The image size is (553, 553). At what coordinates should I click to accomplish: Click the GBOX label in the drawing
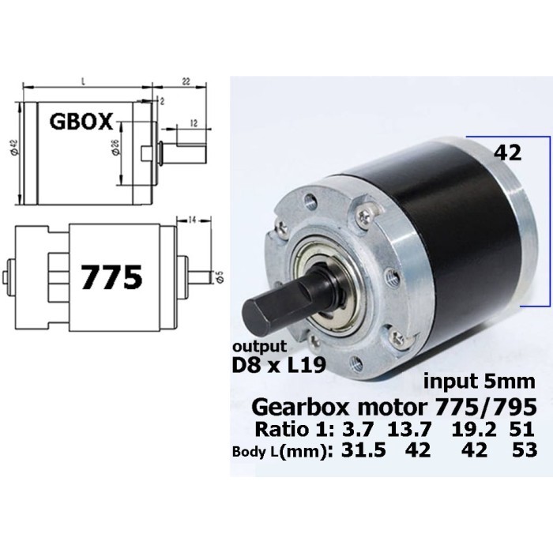click(83, 122)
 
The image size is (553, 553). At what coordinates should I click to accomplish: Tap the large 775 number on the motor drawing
click(111, 276)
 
